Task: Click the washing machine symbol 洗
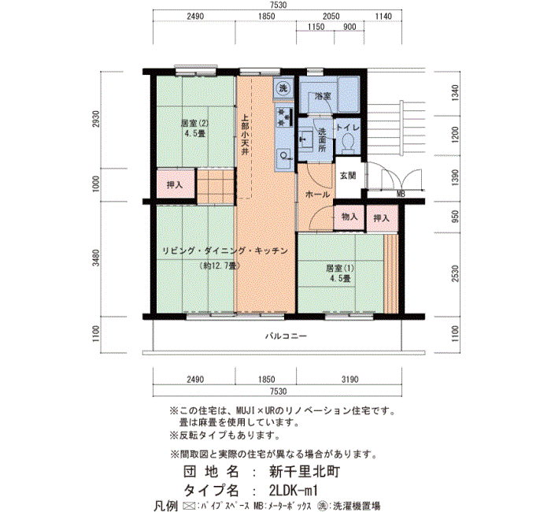[283, 88]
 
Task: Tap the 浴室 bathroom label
[323, 95]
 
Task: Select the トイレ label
[348, 128]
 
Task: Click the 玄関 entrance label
[348, 175]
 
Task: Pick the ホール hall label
[318, 194]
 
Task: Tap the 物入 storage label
[349, 217]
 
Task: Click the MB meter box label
[401, 194]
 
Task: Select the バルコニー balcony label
[286, 336]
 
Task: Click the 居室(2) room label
[194, 124]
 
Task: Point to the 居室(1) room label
[340, 269]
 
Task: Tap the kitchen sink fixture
[284, 156]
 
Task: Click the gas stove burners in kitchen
[284, 117]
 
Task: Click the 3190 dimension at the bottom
[350, 380]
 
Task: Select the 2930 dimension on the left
[96, 119]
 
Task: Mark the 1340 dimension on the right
[455, 93]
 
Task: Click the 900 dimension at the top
[349, 27]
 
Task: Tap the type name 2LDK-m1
[294, 490]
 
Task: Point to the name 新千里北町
[305, 471]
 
